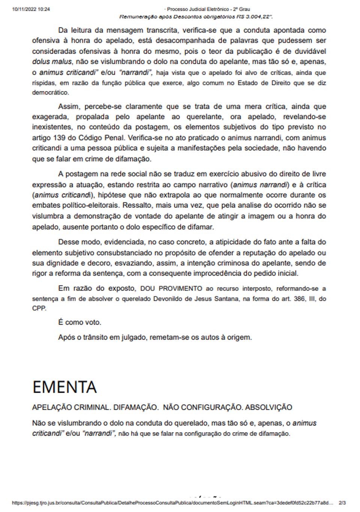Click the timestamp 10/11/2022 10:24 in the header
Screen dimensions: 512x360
point(31,9)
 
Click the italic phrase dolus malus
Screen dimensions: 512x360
point(52,62)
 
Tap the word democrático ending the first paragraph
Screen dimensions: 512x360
point(51,92)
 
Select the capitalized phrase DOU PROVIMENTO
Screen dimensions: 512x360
point(171,288)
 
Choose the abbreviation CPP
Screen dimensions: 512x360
point(39,308)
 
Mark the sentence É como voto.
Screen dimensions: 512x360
point(79,322)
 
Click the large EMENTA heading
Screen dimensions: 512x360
point(64,387)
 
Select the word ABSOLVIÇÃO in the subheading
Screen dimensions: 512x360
point(268,407)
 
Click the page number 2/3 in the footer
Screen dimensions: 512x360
point(342,503)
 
